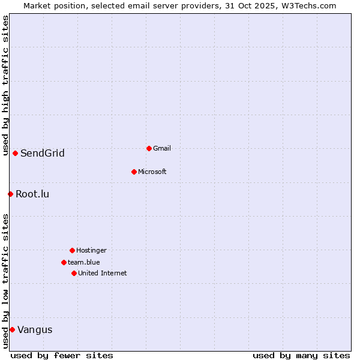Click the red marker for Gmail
(x=149, y=148)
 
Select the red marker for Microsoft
(x=134, y=172)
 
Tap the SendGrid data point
(x=15, y=153)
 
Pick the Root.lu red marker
(x=10, y=194)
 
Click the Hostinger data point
(x=72, y=250)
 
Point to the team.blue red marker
(x=64, y=262)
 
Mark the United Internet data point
(x=74, y=273)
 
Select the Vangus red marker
(x=12, y=329)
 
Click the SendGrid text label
(x=43, y=153)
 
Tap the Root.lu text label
(x=32, y=194)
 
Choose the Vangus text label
(x=35, y=329)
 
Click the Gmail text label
(x=162, y=148)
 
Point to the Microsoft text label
(x=152, y=172)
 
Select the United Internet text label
(x=103, y=273)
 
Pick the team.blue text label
(x=84, y=262)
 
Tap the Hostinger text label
(x=91, y=250)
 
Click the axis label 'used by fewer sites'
(x=62, y=355)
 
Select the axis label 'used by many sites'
(x=301, y=355)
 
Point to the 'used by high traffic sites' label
(x=5, y=85)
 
